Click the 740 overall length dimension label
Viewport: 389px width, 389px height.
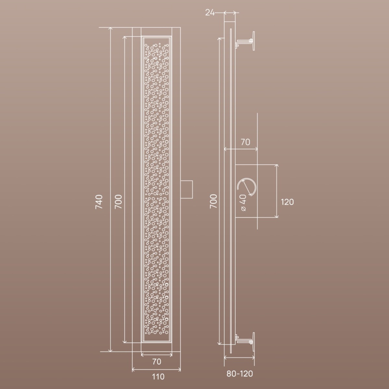point(99,202)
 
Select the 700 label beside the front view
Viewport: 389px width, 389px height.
point(118,202)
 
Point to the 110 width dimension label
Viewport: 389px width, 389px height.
point(158,377)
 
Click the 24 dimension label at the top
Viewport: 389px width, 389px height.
point(210,13)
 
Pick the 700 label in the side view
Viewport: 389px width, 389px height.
point(213,201)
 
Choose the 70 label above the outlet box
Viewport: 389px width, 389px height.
point(245,142)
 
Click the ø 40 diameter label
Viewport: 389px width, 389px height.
point(243,203)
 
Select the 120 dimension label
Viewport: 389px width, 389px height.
point(287,202)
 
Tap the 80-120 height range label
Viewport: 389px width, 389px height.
point(240,374)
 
